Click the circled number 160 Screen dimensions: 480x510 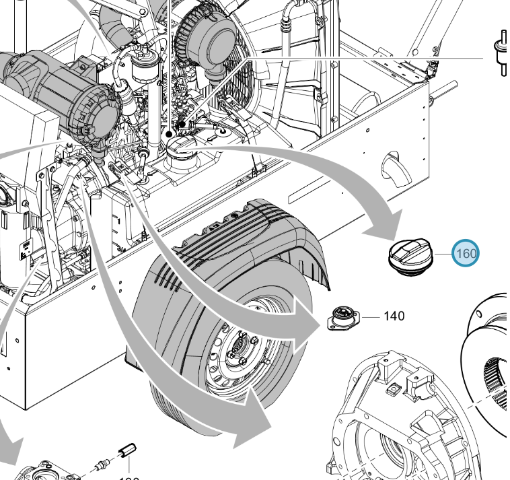pyautogui.click(x=466, y=254)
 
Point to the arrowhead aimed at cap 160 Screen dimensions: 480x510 pyautogui.click(x=380, y=229)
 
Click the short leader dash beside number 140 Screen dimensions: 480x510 pyautogui.click(x=373, y=315)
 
